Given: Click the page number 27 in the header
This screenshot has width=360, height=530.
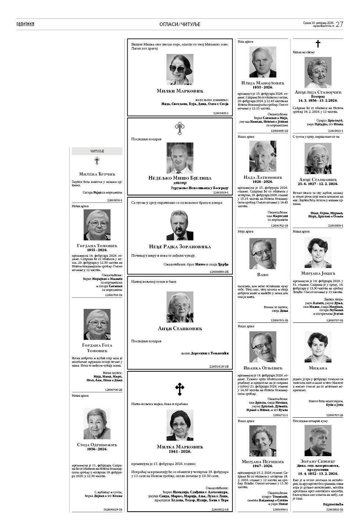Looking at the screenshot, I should point(339,24).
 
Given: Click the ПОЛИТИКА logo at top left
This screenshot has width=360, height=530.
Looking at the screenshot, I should point(25,24).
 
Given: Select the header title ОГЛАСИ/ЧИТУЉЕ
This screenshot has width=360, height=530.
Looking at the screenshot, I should point(180,24).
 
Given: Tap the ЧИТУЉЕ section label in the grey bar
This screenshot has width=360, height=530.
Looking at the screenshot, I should point(97,151).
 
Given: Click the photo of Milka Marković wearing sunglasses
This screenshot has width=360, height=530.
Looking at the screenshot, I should point(179,69).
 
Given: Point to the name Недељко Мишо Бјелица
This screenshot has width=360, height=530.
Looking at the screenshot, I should point(179,178).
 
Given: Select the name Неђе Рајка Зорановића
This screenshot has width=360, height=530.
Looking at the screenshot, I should point(179,246).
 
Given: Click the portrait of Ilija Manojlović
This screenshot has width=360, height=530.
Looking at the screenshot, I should point(263,62).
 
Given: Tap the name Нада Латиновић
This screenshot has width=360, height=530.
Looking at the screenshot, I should point(263,177).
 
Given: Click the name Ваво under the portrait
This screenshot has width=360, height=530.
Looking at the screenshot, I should point(263,274).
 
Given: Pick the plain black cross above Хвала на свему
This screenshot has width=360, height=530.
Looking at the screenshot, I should point(318,44).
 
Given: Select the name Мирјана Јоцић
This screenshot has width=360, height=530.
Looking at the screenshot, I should point(318,274).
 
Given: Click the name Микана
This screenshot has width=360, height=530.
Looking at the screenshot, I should point(318,368).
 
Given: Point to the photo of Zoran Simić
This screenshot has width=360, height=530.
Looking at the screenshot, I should point(318,440).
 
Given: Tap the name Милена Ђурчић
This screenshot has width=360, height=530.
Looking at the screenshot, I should point(97,174).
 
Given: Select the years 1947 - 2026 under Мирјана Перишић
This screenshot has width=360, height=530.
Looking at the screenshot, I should point(263,466).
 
